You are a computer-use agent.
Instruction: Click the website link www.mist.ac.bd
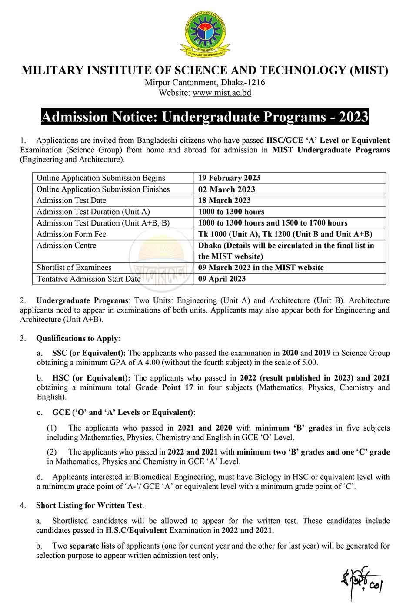tap(222, 93)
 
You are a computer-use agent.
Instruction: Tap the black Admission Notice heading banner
tap(205, 117)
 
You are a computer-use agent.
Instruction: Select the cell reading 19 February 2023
tap(229, 178)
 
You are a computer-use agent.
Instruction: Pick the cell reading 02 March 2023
tap(226, 189)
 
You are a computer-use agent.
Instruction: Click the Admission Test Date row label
tap(71, 200)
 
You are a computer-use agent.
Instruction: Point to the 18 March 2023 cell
tap(224, 200)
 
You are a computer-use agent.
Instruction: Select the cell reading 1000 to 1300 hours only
tap(231, 212)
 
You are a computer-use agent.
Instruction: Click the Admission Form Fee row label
tap(71, 234)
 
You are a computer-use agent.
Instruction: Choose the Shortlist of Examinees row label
tap(74, 268)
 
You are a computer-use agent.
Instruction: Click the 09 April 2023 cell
tap(222, 279)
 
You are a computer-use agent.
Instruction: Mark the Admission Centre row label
tap(67, 246)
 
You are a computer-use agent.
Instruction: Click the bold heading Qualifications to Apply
tap(77, 338)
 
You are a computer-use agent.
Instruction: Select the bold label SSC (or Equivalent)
tap(89, 353)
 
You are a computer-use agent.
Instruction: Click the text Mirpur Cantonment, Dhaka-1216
tap(205, 82)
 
